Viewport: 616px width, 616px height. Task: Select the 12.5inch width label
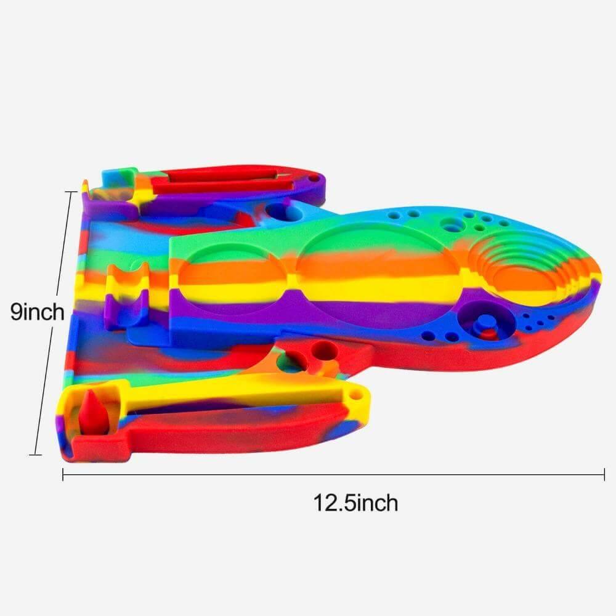(x=356, y=503)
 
